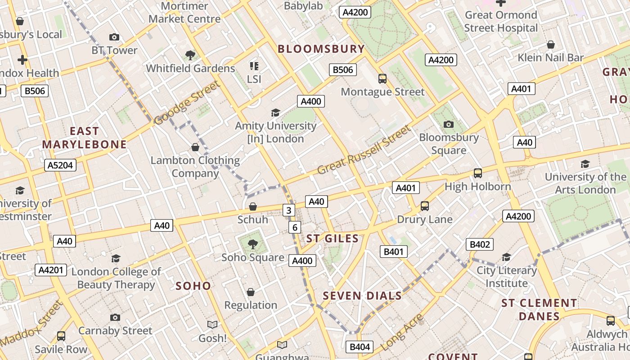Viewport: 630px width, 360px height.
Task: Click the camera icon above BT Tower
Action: (114, 37)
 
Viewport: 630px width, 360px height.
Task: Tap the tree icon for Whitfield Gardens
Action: (190, 55)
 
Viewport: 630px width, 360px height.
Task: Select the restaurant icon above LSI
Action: (254, 66)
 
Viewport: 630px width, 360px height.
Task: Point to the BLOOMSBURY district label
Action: (321, 49)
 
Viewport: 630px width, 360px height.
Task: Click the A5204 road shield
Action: (61, 165)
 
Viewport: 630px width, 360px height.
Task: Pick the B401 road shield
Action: (394, 252)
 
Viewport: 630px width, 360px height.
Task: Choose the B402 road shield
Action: (479, 244)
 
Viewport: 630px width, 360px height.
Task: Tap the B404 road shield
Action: (360, 346)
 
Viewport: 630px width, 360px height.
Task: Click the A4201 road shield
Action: (51, 270)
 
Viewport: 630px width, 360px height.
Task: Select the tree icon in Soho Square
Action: (253, 244)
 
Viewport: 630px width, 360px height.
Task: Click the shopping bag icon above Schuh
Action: (253, 207)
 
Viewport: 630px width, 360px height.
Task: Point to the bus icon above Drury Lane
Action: (424, 206)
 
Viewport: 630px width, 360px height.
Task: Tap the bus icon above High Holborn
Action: (478, 173)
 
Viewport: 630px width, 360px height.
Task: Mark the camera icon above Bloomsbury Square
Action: (449, 124)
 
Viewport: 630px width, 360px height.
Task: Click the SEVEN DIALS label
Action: (362, 296)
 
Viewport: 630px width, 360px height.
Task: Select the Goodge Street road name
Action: (187, 103)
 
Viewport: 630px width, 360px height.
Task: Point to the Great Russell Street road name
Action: (364, 150)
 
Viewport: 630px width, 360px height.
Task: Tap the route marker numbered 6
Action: (294, 227)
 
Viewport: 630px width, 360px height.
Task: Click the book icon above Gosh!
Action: (212, 324)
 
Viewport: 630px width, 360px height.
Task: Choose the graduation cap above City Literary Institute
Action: (506, 257)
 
